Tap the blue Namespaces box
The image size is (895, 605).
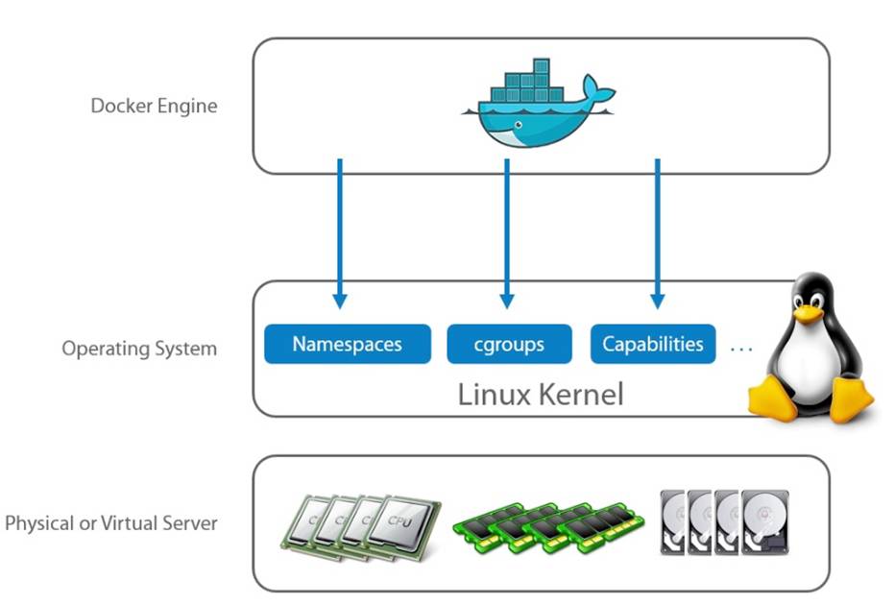pos(347,344)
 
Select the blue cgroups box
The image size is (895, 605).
pos(509,344)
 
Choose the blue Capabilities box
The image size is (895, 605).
pos(653,344)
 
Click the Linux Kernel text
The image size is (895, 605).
pos(541,394)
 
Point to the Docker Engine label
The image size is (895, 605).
pos(154,106)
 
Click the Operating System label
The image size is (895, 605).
pos(139,348)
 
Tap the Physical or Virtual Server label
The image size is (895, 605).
pos(111,523)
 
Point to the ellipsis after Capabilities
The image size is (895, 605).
pos(740,348)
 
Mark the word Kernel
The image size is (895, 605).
pos(582,394)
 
